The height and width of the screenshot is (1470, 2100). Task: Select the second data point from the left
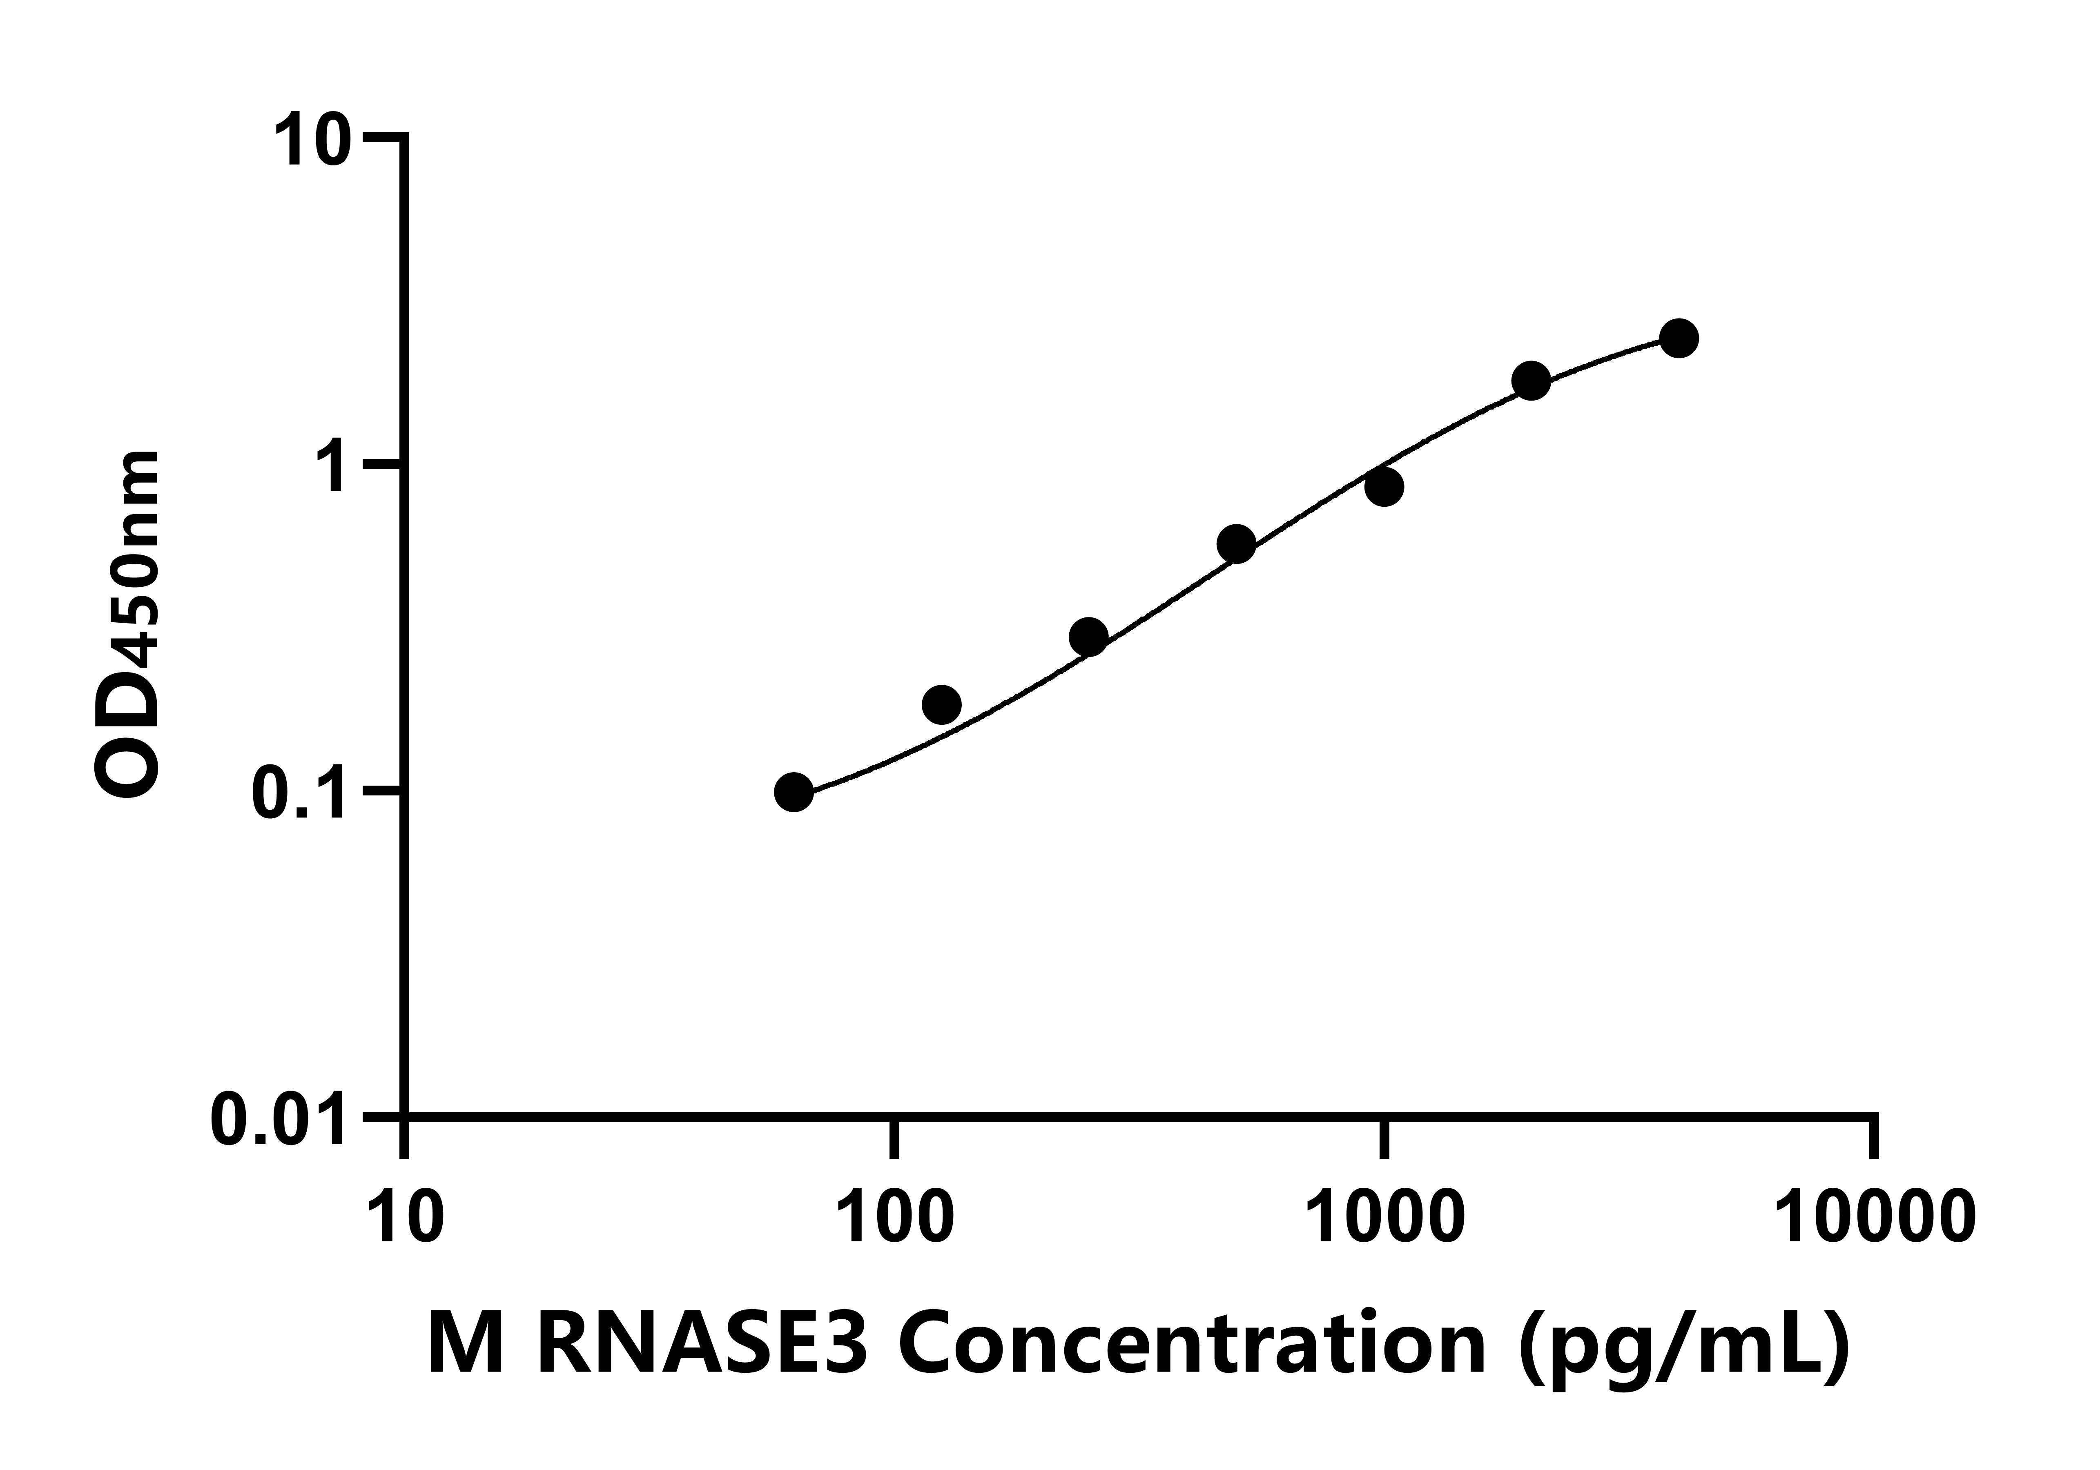tap(941, 704)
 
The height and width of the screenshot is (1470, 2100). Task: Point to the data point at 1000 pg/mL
tap(1385, 487)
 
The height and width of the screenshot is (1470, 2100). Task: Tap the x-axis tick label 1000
tap(1385, 1218)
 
